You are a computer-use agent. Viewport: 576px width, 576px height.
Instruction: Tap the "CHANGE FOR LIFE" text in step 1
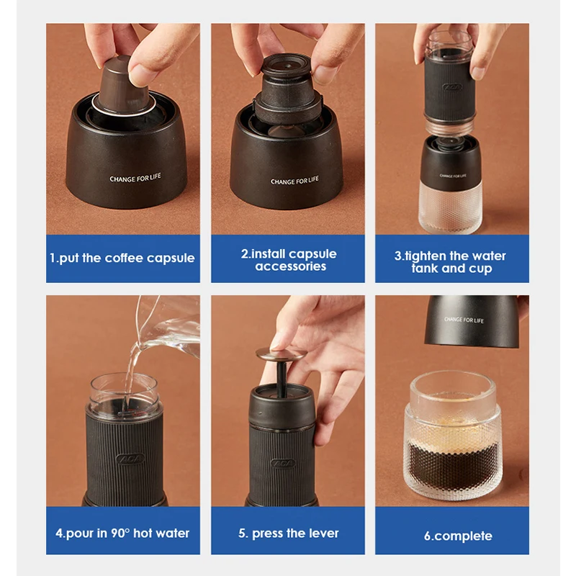point(135,178)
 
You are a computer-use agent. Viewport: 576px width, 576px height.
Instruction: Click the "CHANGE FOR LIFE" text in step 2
point(294,181)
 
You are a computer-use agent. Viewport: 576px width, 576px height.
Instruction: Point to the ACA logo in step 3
point(452,88)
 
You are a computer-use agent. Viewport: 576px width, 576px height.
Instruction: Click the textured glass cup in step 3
point(451,207)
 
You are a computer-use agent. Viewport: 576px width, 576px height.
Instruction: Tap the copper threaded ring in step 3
point(449,128)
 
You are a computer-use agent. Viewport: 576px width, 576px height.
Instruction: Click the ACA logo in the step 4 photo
point(130,459)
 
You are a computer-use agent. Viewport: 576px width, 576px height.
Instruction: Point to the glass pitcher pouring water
point(167,327)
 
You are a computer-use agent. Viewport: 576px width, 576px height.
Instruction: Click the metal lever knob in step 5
point(281,354)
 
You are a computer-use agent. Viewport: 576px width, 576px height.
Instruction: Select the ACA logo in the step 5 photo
point(283,463)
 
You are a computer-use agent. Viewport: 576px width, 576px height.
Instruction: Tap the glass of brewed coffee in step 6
point(453,436)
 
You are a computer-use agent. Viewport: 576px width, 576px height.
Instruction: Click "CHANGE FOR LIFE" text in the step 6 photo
point(464,320)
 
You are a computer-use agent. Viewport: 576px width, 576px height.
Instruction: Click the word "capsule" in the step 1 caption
point(171,258)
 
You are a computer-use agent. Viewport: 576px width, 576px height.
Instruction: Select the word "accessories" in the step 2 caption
point(291,266)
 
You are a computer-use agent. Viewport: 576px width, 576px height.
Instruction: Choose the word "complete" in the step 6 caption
point(463,536)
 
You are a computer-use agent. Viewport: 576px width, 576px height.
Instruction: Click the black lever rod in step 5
point(282,379)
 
